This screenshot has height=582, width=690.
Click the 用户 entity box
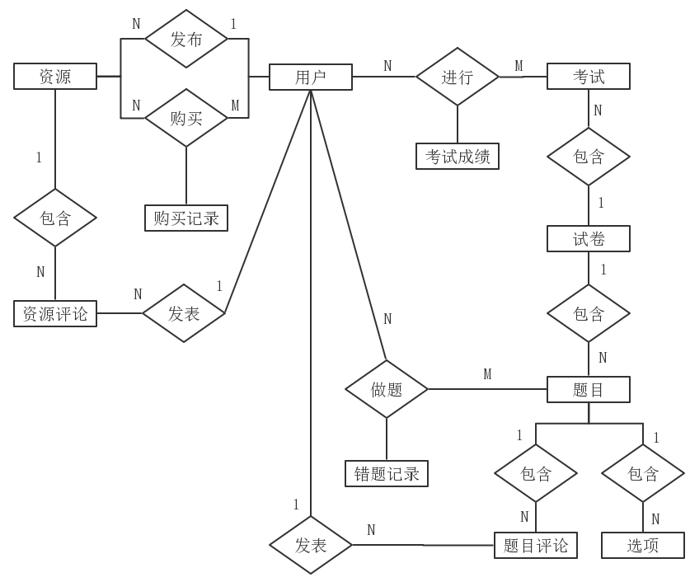[310, 77]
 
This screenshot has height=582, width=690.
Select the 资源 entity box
[55, 77]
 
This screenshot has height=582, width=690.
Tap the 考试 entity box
[589, 77]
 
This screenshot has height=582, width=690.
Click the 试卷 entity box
[589, 239]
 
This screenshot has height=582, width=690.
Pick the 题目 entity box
[589, 389]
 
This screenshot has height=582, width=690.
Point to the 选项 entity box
[642, 545]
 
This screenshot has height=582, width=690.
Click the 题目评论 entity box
[536, 545]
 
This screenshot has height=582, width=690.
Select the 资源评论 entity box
[55, 313]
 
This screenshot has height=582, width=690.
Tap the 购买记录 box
[186, 218]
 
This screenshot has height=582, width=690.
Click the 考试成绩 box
[458, 156]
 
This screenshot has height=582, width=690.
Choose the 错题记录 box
[387, 473]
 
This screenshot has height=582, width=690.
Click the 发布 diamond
[186, 39]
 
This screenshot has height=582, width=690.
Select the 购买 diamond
[186, 118]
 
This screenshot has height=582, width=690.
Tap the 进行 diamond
[458, 77]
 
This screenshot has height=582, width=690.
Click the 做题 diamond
[387, 389]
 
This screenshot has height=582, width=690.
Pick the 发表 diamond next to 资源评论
[184, 313]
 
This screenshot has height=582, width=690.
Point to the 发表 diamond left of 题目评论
[311, 545]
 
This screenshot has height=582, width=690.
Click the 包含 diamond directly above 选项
[642, 473]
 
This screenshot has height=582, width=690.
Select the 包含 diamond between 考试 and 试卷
[589, 156]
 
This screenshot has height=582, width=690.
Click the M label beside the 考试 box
[519, 66]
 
